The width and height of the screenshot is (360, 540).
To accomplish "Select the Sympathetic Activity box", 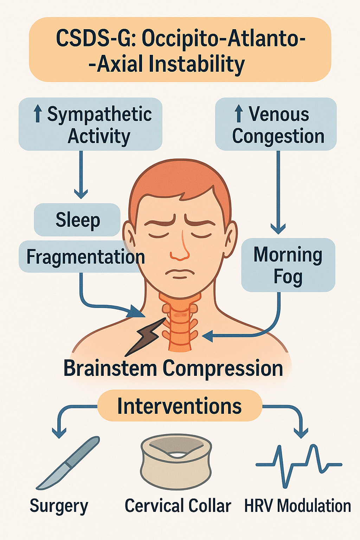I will (x=90, y=124).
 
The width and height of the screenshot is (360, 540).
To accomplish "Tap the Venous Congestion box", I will (x=276, y=124).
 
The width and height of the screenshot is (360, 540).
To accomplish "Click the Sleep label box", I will (x=77, y=220).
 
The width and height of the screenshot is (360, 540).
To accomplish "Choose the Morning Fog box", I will (x=288, y=265).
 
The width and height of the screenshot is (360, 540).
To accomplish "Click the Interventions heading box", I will (x=180, y=406).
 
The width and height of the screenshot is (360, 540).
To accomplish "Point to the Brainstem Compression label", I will (x=173, y=368).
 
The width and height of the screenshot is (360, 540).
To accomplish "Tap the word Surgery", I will (x=59, y=506).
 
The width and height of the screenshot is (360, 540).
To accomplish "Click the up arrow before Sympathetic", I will (x=38, y=115).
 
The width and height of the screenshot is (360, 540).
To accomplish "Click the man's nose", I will (x=180, y=246).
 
